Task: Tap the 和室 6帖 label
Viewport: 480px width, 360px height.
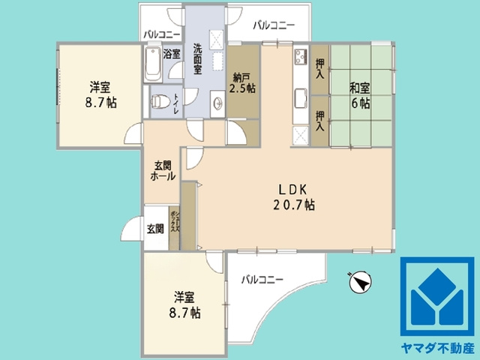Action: (359, 95)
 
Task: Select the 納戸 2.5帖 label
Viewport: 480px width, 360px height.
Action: (243, 82)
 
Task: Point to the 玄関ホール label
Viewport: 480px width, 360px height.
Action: (163, 171)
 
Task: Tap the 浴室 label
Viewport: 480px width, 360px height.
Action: (172, 53)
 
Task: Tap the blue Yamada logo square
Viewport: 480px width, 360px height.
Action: (438, 297)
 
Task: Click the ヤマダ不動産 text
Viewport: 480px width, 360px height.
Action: (438, 348)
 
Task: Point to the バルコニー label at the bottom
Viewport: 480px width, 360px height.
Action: (262, 280)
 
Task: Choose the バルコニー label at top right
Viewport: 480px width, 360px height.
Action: (273, 25)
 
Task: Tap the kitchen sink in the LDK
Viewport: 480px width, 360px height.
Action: (301, 98)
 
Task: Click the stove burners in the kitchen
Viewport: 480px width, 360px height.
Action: (300, 56)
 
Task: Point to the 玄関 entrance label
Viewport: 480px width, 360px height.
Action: (155, 229)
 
